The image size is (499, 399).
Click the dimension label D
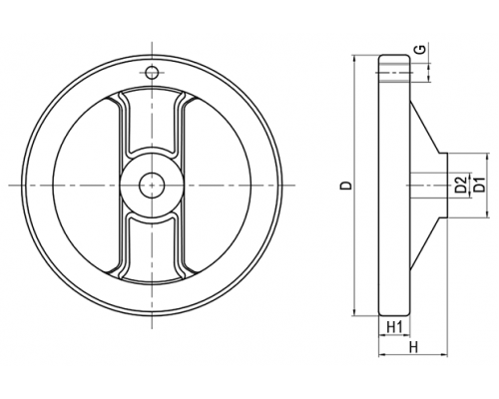click(347, 186)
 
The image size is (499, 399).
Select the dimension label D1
click(480, 185)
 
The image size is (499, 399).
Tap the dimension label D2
click(460, 185)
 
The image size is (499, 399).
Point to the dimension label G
click(421, 50)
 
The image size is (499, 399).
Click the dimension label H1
click(395, 327)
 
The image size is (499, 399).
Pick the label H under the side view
click(413, 348)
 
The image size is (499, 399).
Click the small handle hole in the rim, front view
click(152, 72)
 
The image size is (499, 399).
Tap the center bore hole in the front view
click(152, 186)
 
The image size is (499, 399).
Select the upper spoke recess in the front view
click(152, 123)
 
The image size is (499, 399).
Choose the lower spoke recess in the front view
click(152, 247)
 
